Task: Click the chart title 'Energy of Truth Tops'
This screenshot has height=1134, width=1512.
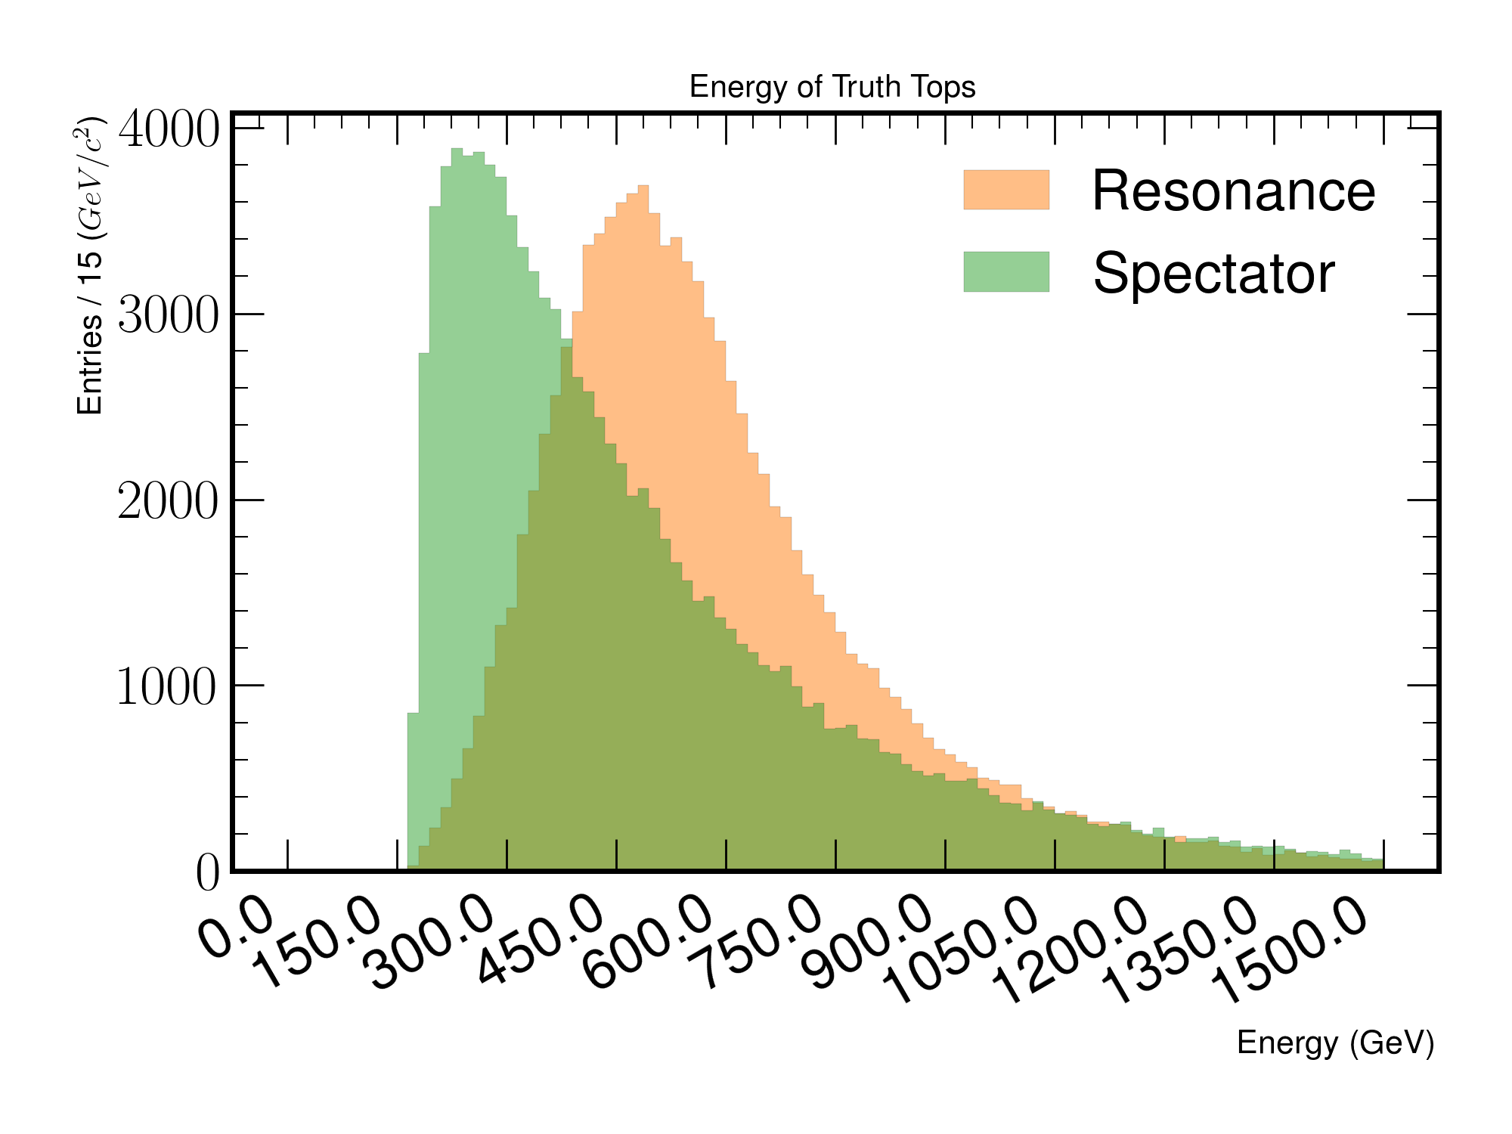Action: pos(832,87)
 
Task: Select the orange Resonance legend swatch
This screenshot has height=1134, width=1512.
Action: pos(1006,190)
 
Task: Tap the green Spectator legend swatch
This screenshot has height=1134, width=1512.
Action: pos(1006,271)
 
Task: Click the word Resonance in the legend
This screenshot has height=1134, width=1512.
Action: pos(1234,191)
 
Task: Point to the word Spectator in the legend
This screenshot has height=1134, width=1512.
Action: pos(1214,274)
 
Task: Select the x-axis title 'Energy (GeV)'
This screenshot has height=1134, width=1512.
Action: pos(1335,1043)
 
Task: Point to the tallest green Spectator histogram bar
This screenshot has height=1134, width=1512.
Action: pos(457,509)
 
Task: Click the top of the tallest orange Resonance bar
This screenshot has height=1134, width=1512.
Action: pos(643,186)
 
